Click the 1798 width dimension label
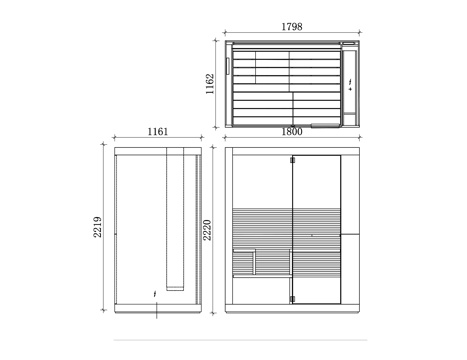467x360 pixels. [292, 27]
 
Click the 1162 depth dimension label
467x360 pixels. [210, 84]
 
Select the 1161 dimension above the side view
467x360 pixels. [158, 132]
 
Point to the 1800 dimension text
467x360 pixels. [292, 132]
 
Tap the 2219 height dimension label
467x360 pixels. [97, 227]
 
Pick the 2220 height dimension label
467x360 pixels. [207, 230]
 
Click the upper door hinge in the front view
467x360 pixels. [292, 160]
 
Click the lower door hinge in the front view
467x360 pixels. [292, 299]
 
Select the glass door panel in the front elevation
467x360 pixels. [316, 229]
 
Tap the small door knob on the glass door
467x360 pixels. [312, 235]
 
